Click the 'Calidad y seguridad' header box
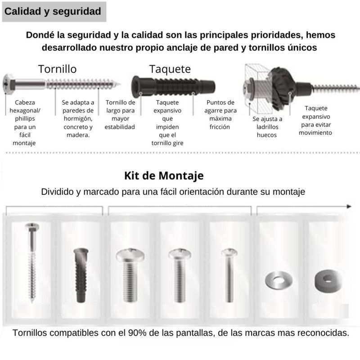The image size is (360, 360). (54, 12)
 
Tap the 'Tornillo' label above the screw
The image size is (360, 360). (58, 69)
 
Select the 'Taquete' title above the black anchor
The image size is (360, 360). (170, 69)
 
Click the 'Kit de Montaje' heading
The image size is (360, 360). (164, 176)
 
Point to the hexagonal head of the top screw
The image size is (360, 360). (9, 84)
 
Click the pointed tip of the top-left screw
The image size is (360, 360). (119, 84)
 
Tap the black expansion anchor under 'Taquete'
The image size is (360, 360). (173, 86)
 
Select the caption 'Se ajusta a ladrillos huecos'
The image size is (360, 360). (267, 127)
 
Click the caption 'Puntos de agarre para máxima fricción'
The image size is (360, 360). (220, 115)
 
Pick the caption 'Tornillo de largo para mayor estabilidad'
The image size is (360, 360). (120, 115)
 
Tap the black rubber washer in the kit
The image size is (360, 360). (328, 280)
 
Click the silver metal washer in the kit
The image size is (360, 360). (278, 279)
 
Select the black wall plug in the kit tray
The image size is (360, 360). (81, 275)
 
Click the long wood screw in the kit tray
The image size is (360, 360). (32, 262)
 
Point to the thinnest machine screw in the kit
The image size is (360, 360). (229, 275)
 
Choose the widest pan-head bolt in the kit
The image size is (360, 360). (130, 275)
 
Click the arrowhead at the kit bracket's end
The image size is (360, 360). (349, 207)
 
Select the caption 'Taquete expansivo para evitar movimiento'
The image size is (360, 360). (316, 120)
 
